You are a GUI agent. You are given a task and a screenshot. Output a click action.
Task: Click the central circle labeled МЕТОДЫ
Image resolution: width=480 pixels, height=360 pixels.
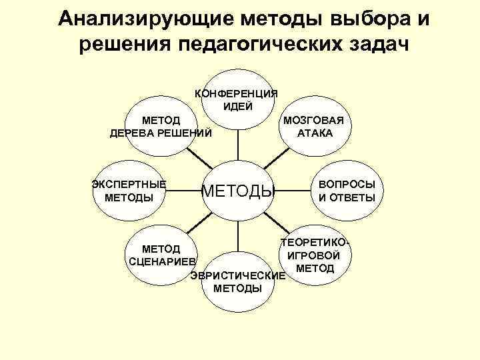click(238, 193)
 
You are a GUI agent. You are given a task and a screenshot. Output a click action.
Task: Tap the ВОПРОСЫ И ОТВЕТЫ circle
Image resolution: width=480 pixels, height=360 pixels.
click(346, 191)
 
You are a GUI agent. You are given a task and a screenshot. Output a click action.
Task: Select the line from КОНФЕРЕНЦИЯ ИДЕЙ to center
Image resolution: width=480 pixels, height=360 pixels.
click(237, 143)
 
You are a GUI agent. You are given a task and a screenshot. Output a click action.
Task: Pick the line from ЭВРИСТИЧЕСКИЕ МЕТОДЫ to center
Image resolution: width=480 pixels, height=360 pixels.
click(237, 239)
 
